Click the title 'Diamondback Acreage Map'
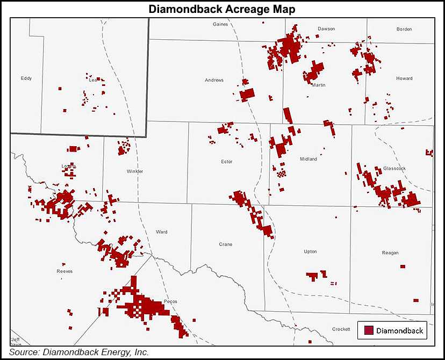222,9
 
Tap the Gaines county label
220,24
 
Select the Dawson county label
326,28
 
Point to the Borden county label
404,29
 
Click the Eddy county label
26,78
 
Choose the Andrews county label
214,81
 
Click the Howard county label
405,78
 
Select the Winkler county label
135,171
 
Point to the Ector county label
227,161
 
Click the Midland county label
309,159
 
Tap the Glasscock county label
394,168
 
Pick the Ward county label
161,232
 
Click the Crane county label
226,244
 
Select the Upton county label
310,251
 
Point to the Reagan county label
390,252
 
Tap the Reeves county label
64,271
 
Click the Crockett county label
341,329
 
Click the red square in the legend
368,330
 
